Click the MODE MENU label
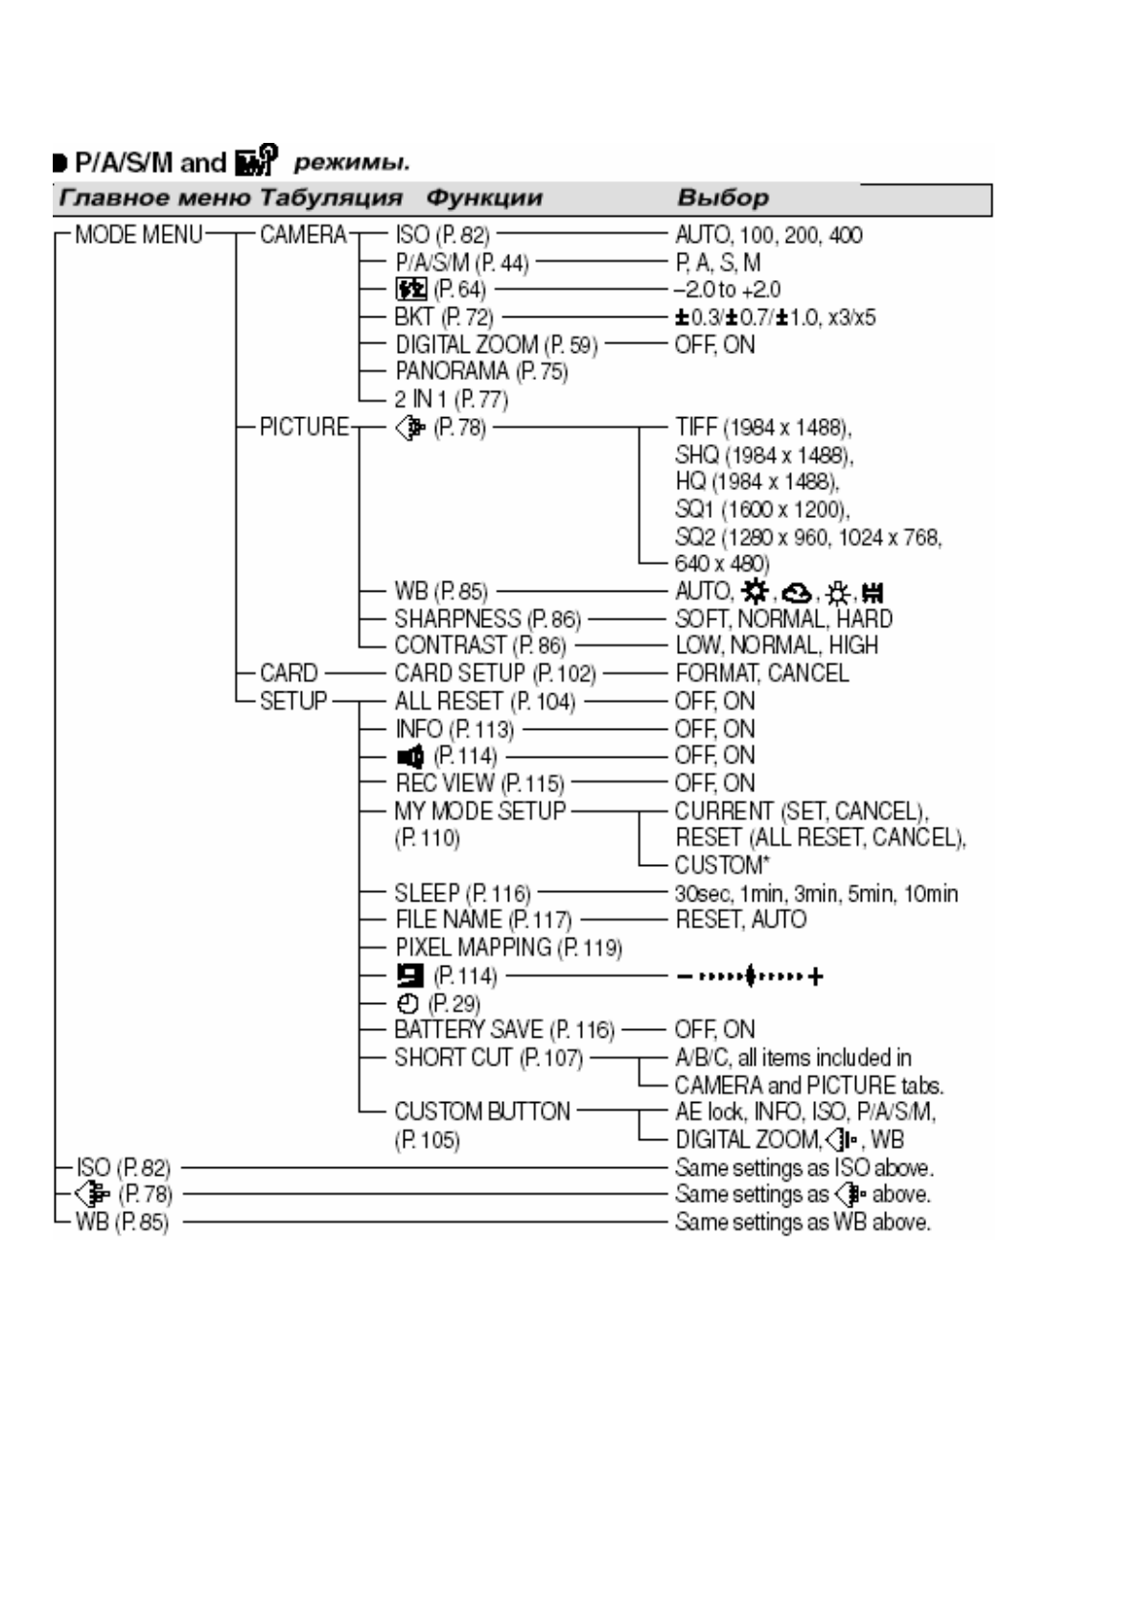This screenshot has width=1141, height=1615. [x=138, y=235]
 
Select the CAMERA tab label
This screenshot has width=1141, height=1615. [x=303, y=235]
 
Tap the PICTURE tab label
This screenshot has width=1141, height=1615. [x=304, y=427]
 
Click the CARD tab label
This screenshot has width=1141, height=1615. [x=288, y=673]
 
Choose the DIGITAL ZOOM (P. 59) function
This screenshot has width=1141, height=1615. [x=496, y=345]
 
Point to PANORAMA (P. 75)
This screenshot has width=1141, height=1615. [x=481, y=372]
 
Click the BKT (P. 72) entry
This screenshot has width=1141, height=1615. [x=443, y=317]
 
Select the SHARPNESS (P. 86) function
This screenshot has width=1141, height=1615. [x=487, y=620]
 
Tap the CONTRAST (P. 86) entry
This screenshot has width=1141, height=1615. [x=479, y=646]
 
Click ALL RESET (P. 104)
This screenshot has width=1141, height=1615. [x=484, y=702]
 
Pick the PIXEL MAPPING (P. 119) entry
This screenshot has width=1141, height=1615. [x=508, y=948]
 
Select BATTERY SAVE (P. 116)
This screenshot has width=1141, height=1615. [x=503, y=1031]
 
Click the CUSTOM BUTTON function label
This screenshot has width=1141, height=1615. [x=481, y=1112]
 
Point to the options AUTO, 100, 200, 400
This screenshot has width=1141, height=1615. [x=768, y=236]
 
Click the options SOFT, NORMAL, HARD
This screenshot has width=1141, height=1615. [x=783, y=620]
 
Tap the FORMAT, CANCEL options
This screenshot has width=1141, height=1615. [x=761, y=674]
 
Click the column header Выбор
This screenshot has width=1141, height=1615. [x=723, y=199]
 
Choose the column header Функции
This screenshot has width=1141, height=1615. [x=484, y=199]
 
